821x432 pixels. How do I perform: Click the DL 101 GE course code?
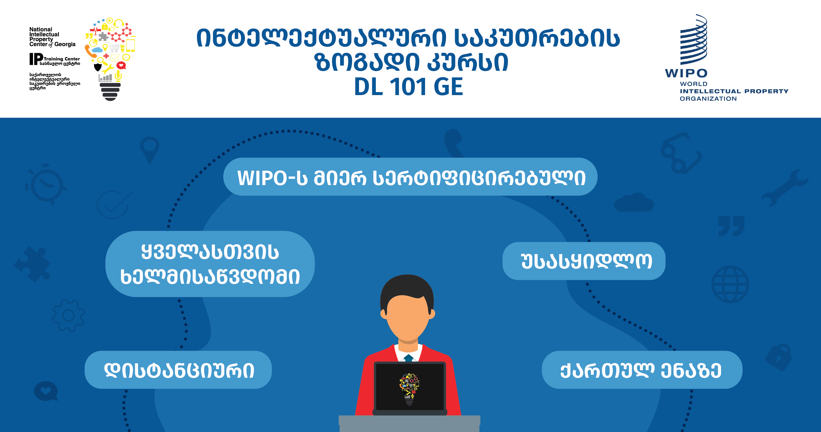point(408,87)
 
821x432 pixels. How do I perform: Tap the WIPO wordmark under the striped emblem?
point(686,73)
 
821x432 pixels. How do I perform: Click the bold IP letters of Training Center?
point(36,59)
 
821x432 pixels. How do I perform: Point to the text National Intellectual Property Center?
point(52,37)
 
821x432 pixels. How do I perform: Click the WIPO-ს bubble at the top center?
point(410,176)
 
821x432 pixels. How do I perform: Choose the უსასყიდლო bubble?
point(584,261)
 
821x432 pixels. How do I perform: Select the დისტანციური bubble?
point(178,370)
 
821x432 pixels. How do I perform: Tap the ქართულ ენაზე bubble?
point(642,370)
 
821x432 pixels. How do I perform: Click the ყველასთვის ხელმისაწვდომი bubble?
point(210,264)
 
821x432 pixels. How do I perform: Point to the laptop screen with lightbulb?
point(410,387)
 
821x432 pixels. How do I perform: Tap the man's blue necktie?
point(409,358)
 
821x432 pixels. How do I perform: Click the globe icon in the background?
point(730,284)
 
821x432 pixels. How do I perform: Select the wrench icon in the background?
point(785,187)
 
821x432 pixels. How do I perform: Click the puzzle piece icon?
point(32,264)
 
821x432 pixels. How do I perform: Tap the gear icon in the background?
point(68,315)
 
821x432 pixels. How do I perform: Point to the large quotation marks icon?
point(731,226)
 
